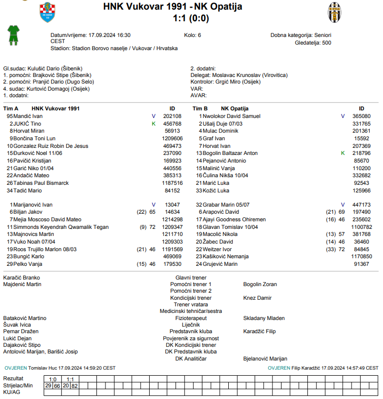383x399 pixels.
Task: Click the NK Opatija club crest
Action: pyautogui.click(x=334, y=12)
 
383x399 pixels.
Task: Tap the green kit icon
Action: pyautogui.click(x=13, y=36)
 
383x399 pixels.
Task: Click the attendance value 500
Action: pyautogui.click(x=326, y=43)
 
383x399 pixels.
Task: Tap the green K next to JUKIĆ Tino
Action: pyautogui.click(x=154, y=124)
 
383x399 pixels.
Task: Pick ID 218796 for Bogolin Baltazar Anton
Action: pyautogui.click(x=361, y=153)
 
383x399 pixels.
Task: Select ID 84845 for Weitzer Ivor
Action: pyautogui.click(x=361, y=250)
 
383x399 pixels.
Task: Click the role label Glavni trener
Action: pyautogui.click(x=191, y=278)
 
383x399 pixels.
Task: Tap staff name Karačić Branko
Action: pyautogui.click(x=21, y=278)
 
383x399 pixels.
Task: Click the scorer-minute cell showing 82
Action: pyautogui.click(x=75, y=386)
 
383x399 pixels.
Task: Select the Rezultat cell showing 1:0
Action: pyautogui.click(x=53, y=379)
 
